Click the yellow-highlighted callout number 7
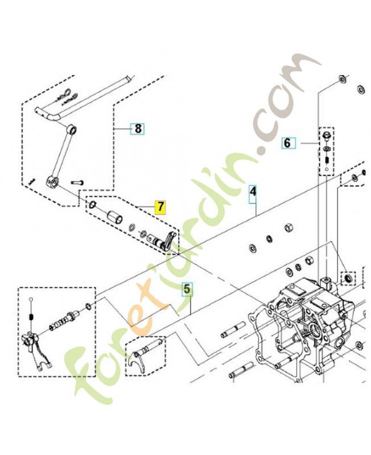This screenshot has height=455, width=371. [x=160, y=207]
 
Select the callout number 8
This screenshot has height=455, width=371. [x=138, y=128]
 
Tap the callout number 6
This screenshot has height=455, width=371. [x=287, y=143]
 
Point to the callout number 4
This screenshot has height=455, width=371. [x=253, y=192]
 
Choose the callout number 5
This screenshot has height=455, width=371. [x=187, y=289]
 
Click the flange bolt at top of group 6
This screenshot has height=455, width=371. [x=325, y=136]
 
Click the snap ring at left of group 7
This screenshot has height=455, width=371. [x=92, y=205]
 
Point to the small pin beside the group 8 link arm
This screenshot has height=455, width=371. [x=77, y=183]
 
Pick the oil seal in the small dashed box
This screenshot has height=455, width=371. [x=348, y=278]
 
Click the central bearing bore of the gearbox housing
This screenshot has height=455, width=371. [x=315, y=329]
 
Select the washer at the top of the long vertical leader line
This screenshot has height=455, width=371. [x=342, y=79]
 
